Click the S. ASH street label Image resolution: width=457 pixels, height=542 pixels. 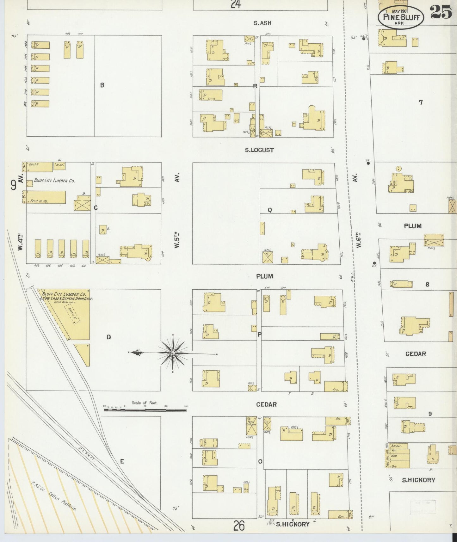(x=262, y=23)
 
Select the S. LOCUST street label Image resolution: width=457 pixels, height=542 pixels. (x=259, y=150)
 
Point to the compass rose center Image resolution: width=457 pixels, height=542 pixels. (x=173, y=353)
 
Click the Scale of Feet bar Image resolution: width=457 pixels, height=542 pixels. (x=145, y=410)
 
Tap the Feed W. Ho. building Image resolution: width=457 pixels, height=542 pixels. (x=46, y=197)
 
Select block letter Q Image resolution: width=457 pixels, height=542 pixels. (x=270, y=210)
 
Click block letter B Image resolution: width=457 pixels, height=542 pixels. (x=102, y=85)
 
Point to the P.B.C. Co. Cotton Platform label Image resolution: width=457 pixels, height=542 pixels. (x=54, y=497)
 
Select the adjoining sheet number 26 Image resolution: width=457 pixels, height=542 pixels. (x=239, y=526)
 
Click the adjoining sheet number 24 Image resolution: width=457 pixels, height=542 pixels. (x=236, y=4)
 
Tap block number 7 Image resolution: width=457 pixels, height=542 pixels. (x=421, y=102)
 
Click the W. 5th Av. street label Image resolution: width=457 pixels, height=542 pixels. (x=177, y=210)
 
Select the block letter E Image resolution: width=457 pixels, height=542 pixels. (x=122, y=461)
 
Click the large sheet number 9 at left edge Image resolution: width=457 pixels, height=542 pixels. (x=13, y=185)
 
